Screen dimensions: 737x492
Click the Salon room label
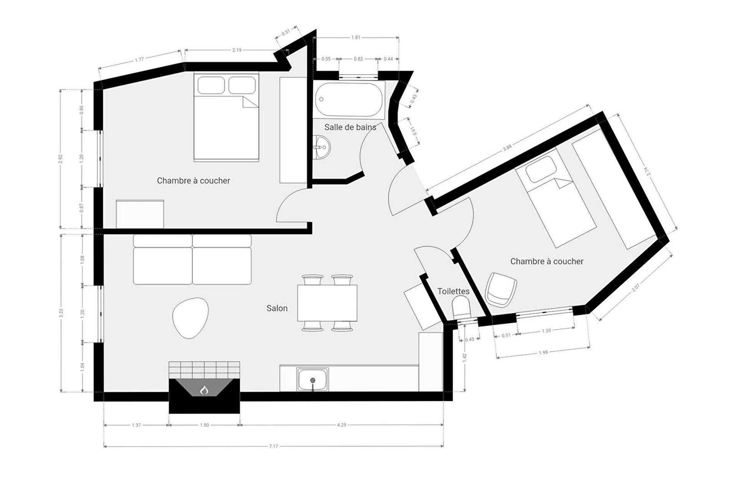(277, 308)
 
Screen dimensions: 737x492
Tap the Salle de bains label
(350, 127)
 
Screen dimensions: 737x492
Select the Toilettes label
(453, 291)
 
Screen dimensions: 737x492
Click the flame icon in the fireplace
(204, 391)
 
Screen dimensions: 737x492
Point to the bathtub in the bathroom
(349, 100)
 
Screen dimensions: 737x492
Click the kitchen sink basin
(313, 379)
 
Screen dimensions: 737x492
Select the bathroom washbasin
(321, 147)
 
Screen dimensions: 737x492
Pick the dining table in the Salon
(327, 303)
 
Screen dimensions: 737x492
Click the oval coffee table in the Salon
(190, 318)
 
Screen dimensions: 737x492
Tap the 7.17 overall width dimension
(273, 446)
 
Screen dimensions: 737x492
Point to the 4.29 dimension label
(342, 425)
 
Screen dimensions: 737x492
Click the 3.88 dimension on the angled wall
(507, 148)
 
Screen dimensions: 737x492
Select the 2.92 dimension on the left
(60, 159)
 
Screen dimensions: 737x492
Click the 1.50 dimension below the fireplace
(204, 425)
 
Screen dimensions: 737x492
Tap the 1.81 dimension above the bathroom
(356, 37)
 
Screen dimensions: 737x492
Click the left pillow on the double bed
(211, 85)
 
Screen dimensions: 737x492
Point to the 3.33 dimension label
(61, 313)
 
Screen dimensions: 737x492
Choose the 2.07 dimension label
(636, 288)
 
